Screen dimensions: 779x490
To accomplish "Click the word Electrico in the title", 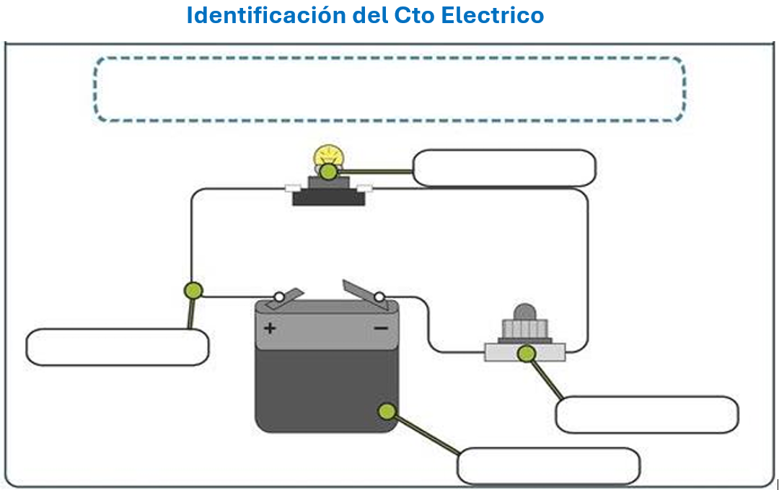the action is tap(493, 15).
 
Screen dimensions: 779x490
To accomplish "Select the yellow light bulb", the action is tap(328, 158).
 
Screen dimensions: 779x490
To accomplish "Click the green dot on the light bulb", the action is tap(328, 172).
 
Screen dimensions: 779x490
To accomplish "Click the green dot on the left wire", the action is tap(193, 291).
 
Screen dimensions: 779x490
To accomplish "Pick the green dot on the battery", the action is tap(387, 411).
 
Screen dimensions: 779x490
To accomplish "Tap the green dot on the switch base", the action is tap(527, 354).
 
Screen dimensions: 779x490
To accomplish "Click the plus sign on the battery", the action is tap(270, 328).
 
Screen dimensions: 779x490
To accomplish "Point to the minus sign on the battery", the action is tap(381, 328).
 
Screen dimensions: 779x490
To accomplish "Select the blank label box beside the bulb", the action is tap(504, 168).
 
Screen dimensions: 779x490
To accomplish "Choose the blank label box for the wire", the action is tap(118, 347).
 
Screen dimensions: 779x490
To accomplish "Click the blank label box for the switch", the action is tap(647, 414).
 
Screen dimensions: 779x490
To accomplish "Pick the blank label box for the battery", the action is tap(548, 466).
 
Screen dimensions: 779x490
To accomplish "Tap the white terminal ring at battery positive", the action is tap(279, 297).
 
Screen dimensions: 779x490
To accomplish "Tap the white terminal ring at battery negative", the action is tap(379, 297).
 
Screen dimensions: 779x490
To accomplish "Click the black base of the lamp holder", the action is tap(329, 198).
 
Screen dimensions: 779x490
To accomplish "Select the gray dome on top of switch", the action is tap(524, 312).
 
